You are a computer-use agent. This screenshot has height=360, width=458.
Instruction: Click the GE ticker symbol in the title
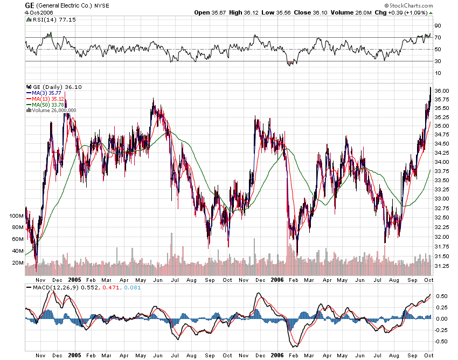pyautogui.click(x=30, y=5)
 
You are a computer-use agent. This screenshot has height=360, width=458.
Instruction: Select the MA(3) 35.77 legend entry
pyautogui.click(x=47, y=93)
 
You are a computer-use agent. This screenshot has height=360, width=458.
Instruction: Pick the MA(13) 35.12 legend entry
pyautogui.click(x=48, y=99)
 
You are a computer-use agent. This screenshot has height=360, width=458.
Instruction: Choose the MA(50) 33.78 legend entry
pyautogui.click(x=48, y=105)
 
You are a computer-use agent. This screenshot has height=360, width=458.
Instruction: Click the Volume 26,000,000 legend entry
pyautogui.click(x=54, y=110)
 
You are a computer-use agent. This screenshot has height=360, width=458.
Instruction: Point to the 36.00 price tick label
pyautogui.click(x=442, y=90)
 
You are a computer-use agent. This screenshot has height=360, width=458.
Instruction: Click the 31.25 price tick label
pyautogui.click(x=442, y=266)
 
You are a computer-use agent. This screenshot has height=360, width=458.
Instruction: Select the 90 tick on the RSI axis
pyautogui.click(x=438, y=25)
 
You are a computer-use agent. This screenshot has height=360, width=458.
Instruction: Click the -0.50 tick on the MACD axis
pyautogui.click(x=441, y=341)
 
